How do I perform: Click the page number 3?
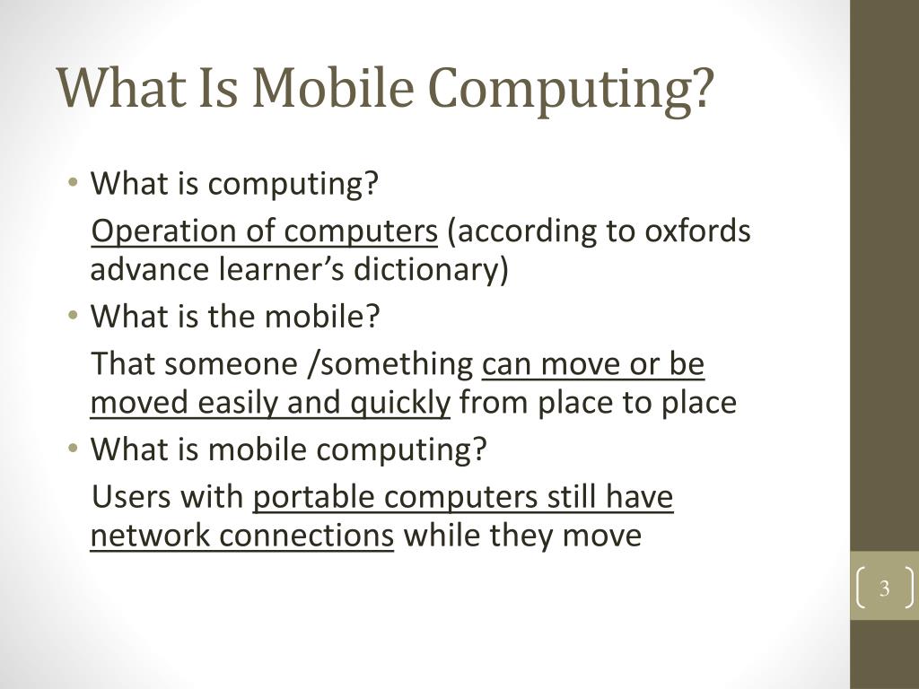point(884,589)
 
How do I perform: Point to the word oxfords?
point(697,231)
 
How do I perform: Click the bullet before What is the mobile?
point(73,317)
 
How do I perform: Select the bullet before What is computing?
point(73,184)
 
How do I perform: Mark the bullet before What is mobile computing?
point(73,449)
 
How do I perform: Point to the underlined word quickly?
point(399,404)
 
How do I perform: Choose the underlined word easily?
point(239,404)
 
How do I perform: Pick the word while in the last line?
point(442,536)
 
